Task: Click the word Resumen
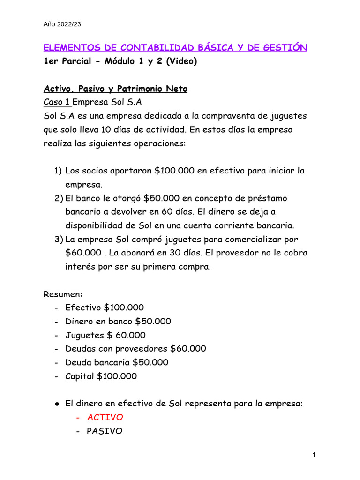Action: (63, 294)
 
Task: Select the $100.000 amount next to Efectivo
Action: (124, 308)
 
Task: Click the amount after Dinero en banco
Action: (153, 322)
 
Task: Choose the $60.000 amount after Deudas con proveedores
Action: (188, 349)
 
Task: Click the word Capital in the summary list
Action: (80, 376)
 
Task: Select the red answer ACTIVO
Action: (105, 417)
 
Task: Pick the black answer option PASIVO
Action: (105, 431)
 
